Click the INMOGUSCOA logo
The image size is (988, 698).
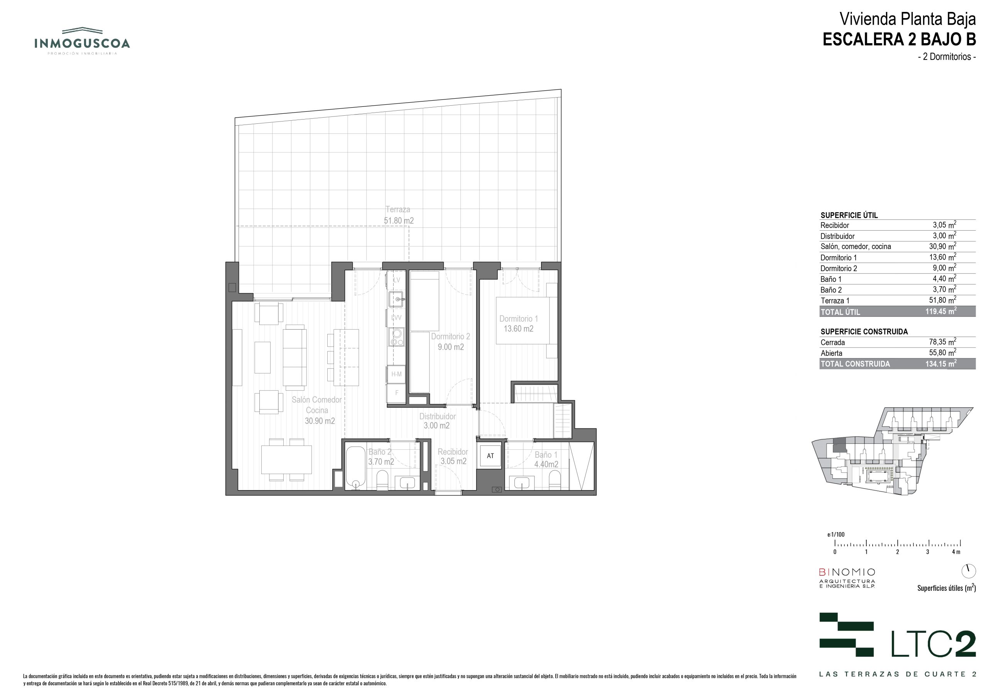(82, 41)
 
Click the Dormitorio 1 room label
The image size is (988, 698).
(519, 324)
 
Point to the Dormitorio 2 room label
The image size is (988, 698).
(450, 342)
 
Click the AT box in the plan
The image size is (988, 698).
(491, 456)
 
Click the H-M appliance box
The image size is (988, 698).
(396, 374)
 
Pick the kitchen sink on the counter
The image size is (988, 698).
(396, 299)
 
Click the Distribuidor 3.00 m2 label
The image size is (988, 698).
(437, 421)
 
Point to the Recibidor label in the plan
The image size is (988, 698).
(453, 452)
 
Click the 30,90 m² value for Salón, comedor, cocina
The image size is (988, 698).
(942, 246)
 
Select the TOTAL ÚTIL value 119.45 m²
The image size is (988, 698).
(941, 311)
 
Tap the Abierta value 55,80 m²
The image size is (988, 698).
(942, 352)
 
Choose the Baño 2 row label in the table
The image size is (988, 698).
(831, 290)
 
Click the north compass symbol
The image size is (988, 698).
(969, 571)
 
